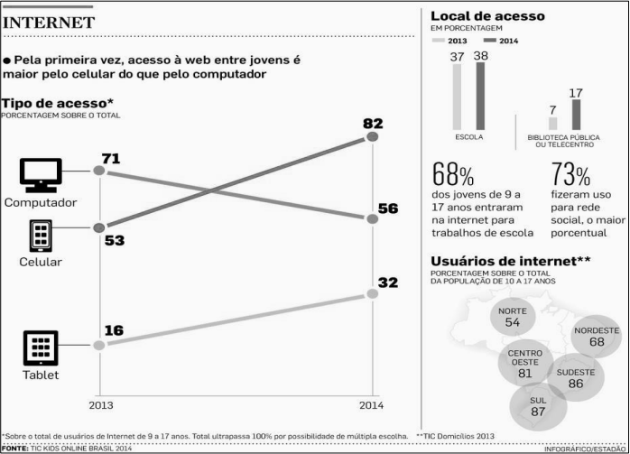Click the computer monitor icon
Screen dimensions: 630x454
point(41,175)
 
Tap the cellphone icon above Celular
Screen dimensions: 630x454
point(41,236)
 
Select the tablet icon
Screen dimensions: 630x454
point(41,347)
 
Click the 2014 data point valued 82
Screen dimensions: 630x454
point(373,136)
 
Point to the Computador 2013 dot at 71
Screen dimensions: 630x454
point(99,171)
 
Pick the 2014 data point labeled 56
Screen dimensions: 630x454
point(373,219)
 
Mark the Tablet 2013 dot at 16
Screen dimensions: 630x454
point(99,345)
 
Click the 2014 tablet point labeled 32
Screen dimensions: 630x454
point(373,293)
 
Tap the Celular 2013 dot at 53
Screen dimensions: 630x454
point(99,227)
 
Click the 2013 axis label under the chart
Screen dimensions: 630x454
point(101,405)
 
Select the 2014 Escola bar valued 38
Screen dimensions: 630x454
point(480,96)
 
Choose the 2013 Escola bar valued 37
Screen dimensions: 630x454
point(457,97)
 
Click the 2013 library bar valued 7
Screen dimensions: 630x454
point(553,124)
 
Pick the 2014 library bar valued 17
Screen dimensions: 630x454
point(576,115)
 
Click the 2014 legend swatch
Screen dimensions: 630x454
point(490,41)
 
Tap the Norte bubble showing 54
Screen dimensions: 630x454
point(513,317)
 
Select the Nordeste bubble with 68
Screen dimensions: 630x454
point(597,337)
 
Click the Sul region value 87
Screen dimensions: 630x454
point(538,412)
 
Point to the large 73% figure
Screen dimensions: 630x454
point(570,175)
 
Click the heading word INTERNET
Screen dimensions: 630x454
point(49,23)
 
